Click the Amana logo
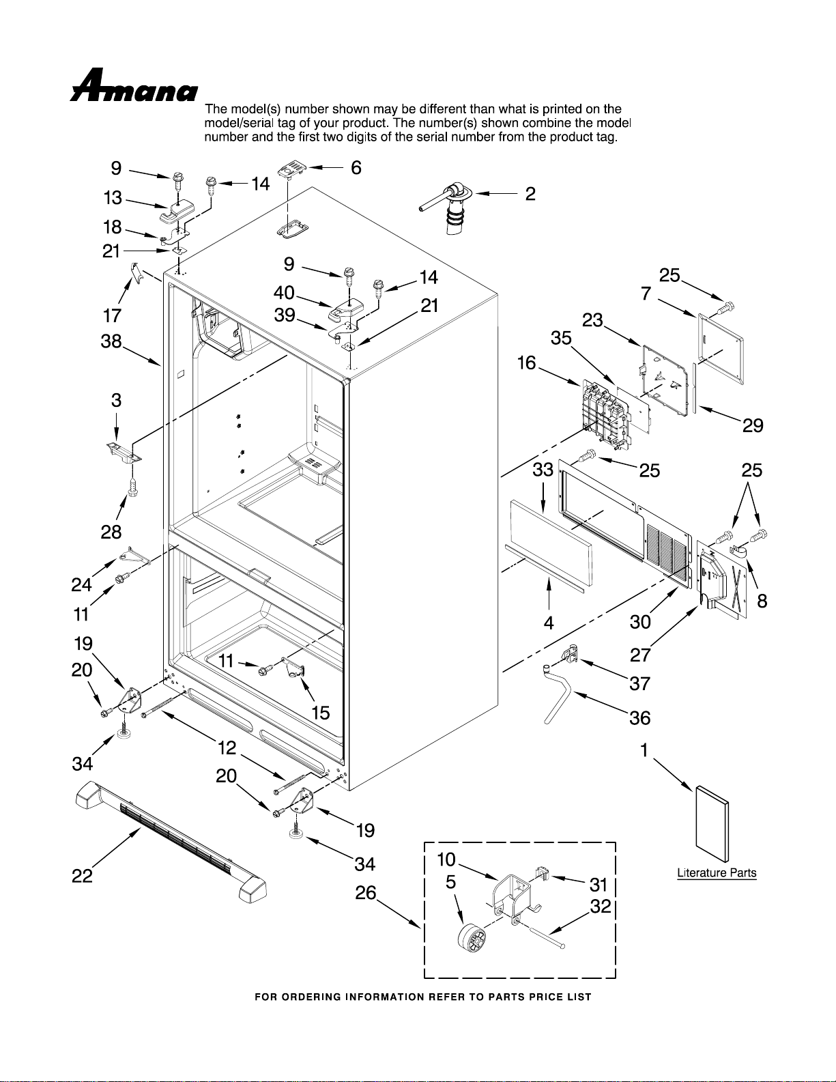(x=133, y=85)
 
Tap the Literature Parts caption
(x=717, y=872)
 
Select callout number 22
(x=82, y=876)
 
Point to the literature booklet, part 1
(x=712, y=824)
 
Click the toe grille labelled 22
(x=170, y=841)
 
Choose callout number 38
(x=111, y=341)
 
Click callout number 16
(x=526, y=363)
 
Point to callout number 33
(x=543, y=469)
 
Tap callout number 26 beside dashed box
(x=365, y=893)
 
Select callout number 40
(x=284, y=293)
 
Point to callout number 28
(x=111, y=532)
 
